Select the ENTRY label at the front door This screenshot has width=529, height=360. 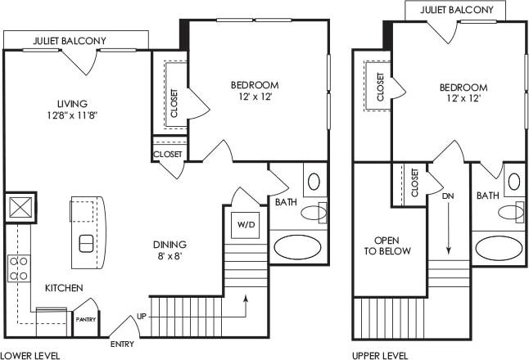tap(122, 344)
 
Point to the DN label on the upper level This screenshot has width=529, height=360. tap(447, 197)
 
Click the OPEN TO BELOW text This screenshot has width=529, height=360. tap(386, 245)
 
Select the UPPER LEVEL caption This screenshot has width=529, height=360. tap(381, 355)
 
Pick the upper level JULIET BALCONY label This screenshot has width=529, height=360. tap(456, 10)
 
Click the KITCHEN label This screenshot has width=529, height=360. tap(62, 288)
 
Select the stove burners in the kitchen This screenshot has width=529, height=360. tap(18, 268)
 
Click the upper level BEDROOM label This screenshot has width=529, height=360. tap(463, 88)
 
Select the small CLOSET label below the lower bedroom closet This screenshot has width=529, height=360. tap(168, 154)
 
